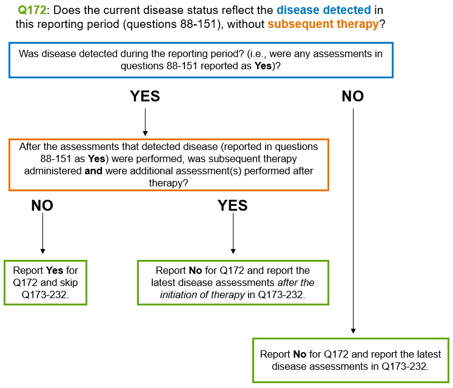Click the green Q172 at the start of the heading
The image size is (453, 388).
click(x=32, y=10)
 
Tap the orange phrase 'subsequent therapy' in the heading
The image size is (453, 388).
click(x=323, y=24)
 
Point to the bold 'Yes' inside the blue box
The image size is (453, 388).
click(x=263, y=66)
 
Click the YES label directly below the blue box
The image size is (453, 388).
click(x=145, y=97)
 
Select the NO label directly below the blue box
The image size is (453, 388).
click(x=352, y=97)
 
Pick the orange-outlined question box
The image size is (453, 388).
click(x=169, y=165)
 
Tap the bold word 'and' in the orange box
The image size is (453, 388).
click(x=93, y=171)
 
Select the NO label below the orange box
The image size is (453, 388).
click(x=42, y=206)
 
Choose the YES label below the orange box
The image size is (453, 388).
click(x=233, y=206)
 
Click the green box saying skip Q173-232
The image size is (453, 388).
click(x=45, y=282)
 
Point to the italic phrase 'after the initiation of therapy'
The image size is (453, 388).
click(x=237, y=288)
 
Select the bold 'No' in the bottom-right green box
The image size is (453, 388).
click(x=300, y=354)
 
